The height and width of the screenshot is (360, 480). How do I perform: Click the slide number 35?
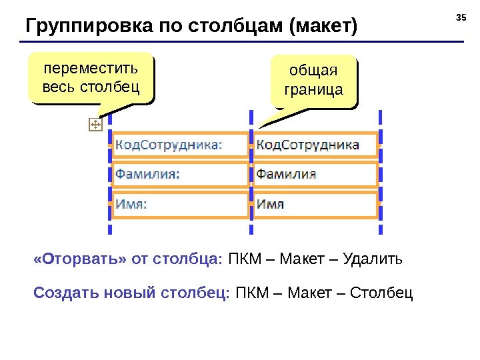(x=460, y=15)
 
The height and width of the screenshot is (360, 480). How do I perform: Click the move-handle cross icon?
(x=95, y=125)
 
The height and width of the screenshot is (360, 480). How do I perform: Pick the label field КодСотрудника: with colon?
(x=169, y=144)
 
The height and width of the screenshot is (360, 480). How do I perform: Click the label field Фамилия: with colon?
(x=147, y=174)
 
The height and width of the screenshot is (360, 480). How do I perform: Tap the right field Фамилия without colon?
(x=287, y=174)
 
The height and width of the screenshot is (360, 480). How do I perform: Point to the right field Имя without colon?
(x=271, y=204)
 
